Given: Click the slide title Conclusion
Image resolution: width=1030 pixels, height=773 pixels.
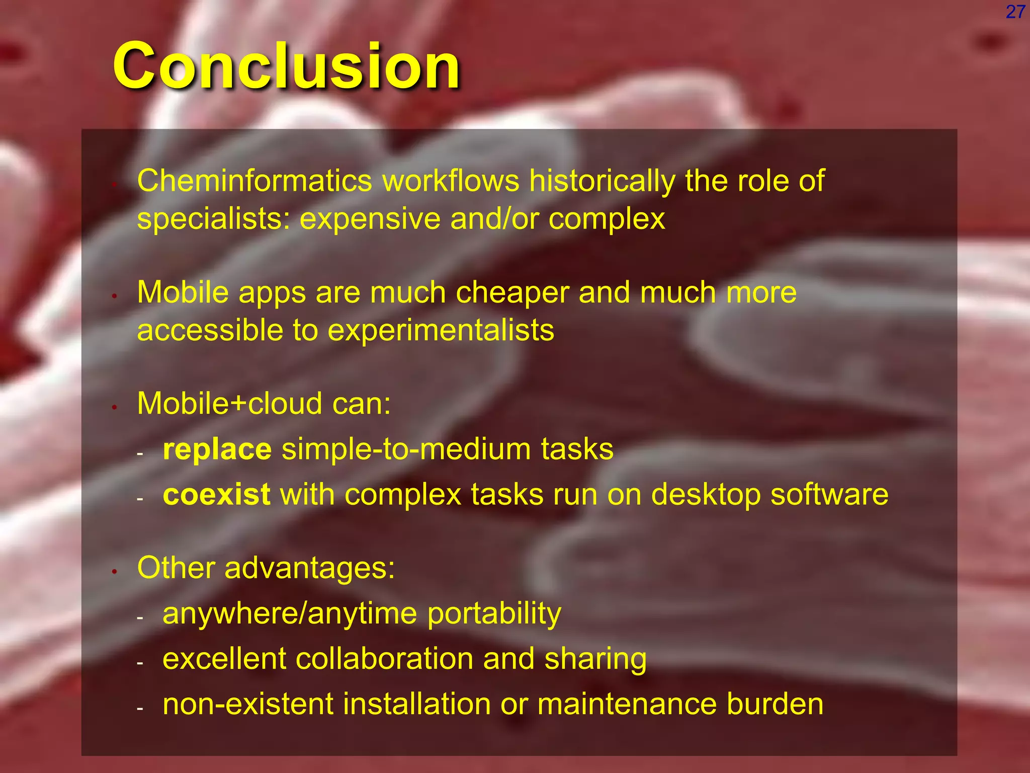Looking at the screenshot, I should pos(287,66).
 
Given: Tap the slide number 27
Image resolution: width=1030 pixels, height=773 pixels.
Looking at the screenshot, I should pos(1015,12).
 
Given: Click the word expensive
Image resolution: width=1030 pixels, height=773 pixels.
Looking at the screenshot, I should pos(370,219).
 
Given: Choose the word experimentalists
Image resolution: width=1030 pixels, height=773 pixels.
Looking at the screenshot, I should pos(441,331).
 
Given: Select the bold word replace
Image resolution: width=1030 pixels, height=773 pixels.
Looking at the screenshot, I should pos(217,449).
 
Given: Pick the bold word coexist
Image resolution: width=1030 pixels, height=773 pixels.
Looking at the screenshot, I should pos(217,495).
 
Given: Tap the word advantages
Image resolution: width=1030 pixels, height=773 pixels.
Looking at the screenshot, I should pos(310,568).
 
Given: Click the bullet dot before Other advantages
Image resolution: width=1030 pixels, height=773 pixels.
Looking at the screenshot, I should pos(115,571).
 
